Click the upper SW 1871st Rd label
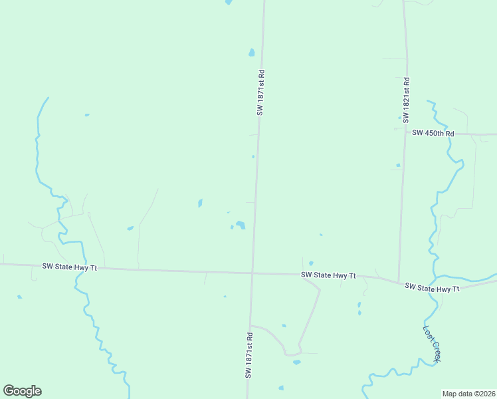[x=262, y=93]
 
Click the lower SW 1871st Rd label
[x=250, y=356]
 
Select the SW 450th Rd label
[x=433, y=133]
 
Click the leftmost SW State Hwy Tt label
[x=70, y=267]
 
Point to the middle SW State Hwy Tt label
[x=328, y=275]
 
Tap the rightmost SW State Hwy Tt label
[x=432, y=288]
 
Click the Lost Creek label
[x=432, y=343]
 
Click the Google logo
[x=22, y=391]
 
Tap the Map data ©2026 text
[x=468, y=393]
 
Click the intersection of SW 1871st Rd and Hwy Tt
[x=252, y=272]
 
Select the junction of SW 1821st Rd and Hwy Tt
[x=398, y=282]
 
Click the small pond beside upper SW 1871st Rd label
[x=251, y=53]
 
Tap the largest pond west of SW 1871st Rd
[x=241, y=225]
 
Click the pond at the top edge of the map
[x=229, y=2]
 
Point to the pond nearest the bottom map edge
[x=281, y=388]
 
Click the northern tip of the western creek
[x=48, y=98]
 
